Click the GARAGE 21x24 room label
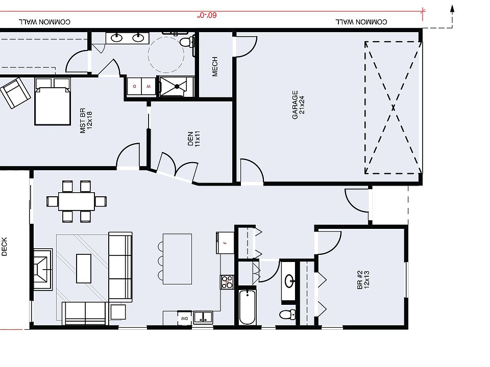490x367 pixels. point(298,106)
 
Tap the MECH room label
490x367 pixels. point(215,67)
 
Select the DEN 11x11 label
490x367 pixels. point(194,139)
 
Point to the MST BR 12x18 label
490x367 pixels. point(86,121)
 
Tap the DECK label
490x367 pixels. point(5,247)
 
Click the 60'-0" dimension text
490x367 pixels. point(207,15)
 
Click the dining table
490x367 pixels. point(77,201)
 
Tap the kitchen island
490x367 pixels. point(177,258)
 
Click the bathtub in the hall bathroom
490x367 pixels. point(248,307)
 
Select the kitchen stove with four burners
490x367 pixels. point(227,282)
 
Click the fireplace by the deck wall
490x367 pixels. point(43,269)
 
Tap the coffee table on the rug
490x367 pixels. point(83,268)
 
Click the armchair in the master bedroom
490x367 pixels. point(15,93)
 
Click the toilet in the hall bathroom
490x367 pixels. point(289,314)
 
